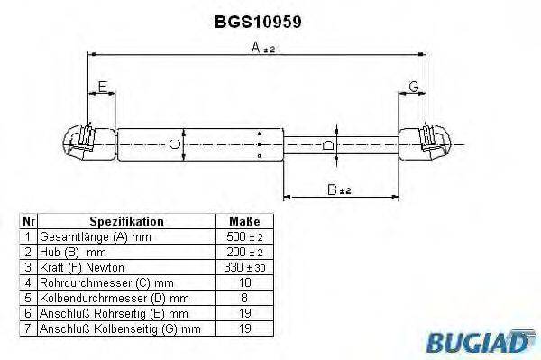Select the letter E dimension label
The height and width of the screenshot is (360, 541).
point(102,87)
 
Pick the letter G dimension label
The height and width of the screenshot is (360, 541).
point(413,87)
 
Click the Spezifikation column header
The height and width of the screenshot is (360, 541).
point(125,221)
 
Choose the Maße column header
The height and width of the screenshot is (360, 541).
point(245,221)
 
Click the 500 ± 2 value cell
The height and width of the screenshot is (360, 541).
point(245,236)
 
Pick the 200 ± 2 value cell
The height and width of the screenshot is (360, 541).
point(245,252)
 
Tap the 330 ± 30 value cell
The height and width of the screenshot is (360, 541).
point(245,268)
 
